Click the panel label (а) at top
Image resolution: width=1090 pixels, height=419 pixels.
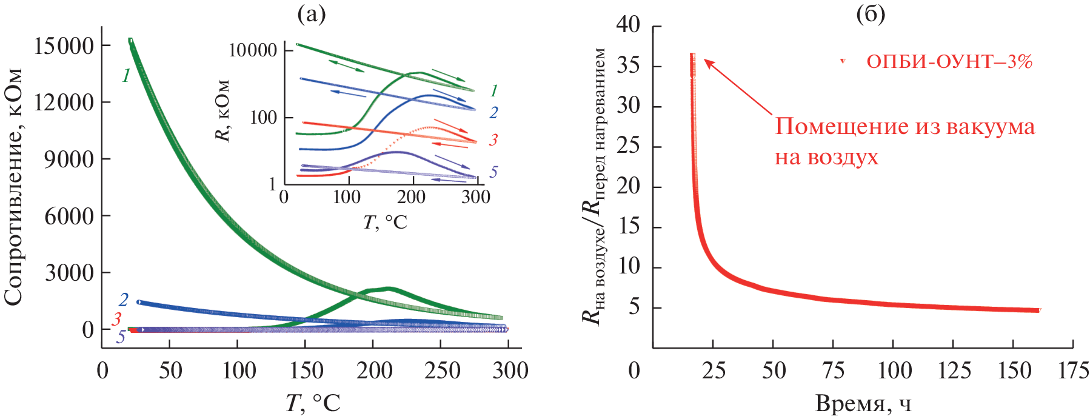(311, 13)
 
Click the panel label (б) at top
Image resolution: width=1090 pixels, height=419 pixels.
(871, 13)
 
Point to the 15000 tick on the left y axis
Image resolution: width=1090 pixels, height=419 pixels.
(64, 45)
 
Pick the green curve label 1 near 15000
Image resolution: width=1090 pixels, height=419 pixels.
(126, 76)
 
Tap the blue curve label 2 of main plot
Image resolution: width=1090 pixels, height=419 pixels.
(124, 300)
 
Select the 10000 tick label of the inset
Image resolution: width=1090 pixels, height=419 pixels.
(253, 50)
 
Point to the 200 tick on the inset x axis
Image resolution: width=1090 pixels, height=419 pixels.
(411, 196)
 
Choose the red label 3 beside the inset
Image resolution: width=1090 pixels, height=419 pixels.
(493, 140)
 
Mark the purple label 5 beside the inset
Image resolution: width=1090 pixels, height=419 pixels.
(493, 172)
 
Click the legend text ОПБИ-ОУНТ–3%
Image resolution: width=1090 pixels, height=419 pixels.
(949, 62)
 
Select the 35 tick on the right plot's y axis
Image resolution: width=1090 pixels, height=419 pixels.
(628, 65)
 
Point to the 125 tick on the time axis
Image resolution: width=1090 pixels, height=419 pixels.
(954, 370)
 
